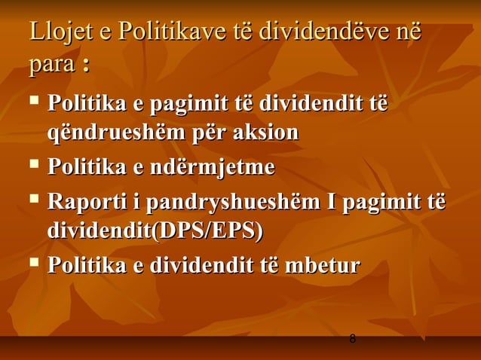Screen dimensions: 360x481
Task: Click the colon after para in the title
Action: coord(86,67)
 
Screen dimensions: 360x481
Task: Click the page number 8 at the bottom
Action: coord(352,340)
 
